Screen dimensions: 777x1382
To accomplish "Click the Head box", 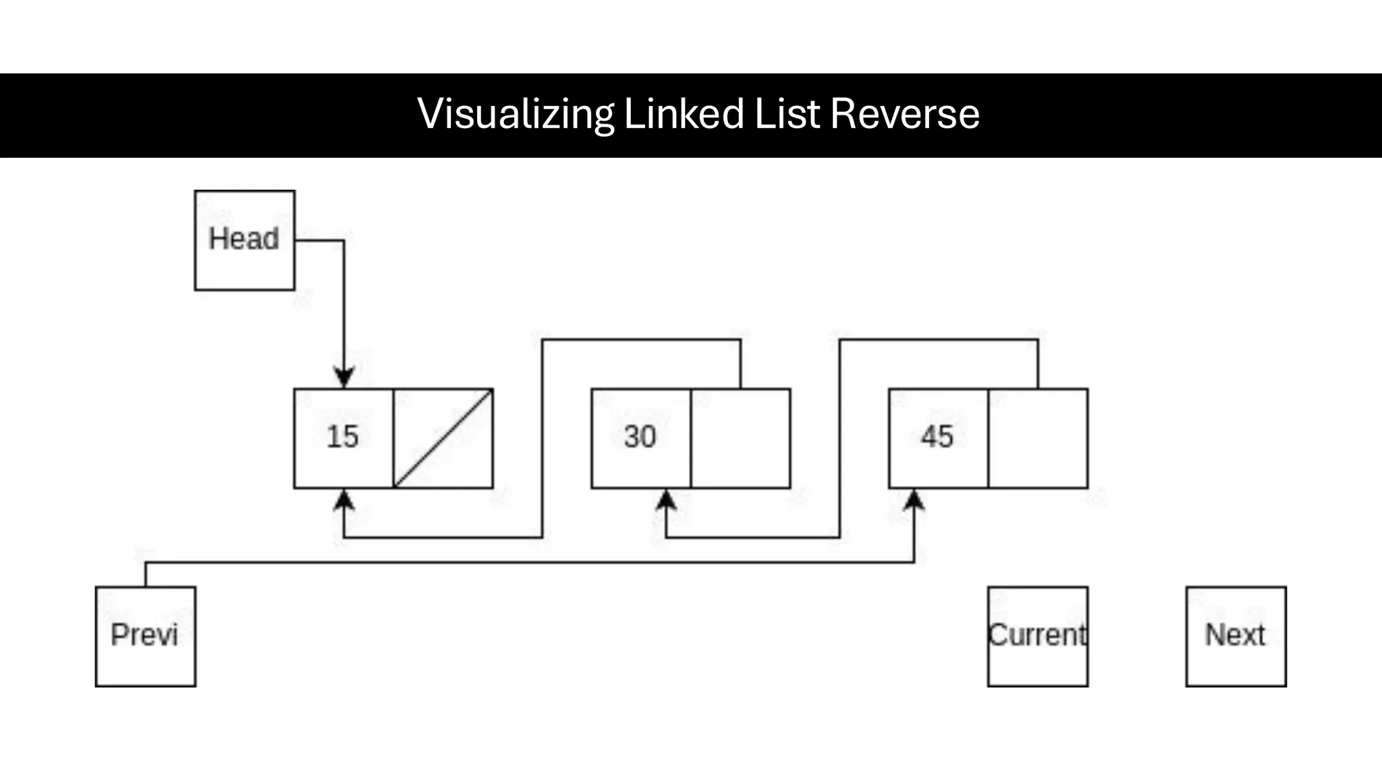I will [x=244, y=240].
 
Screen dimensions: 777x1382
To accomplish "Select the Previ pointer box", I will [x=146, y=636].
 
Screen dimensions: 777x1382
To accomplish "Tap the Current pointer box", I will [x=1037, y=636].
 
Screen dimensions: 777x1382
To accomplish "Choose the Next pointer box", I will [x=1236, y=636].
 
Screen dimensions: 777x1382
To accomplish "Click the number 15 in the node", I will [x=343, y=437].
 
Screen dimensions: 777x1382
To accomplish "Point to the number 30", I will [x=640, y=437].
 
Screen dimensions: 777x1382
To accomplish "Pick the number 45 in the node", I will [x=937, y=437].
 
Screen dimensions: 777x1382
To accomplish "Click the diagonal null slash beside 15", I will [x=443, y=438].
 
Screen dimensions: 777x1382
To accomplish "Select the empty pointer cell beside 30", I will [x=740, y=438].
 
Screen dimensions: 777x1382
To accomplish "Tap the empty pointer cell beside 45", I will [x=1038, y=438].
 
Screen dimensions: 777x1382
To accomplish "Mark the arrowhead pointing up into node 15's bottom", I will [x=344, y=500].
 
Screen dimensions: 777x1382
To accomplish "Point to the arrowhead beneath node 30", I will [x=666, y=500].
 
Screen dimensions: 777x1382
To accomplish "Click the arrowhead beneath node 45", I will [x=914, y=500].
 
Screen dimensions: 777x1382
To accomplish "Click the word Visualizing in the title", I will [x=516, y=114].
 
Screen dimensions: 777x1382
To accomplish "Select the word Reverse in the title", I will [x=904, y=114].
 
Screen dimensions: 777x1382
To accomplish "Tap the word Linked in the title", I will [x=684, y=114].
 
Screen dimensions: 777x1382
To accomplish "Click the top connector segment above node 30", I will [x=641, y=340].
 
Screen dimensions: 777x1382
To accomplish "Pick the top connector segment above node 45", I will [x=938, y=340].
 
